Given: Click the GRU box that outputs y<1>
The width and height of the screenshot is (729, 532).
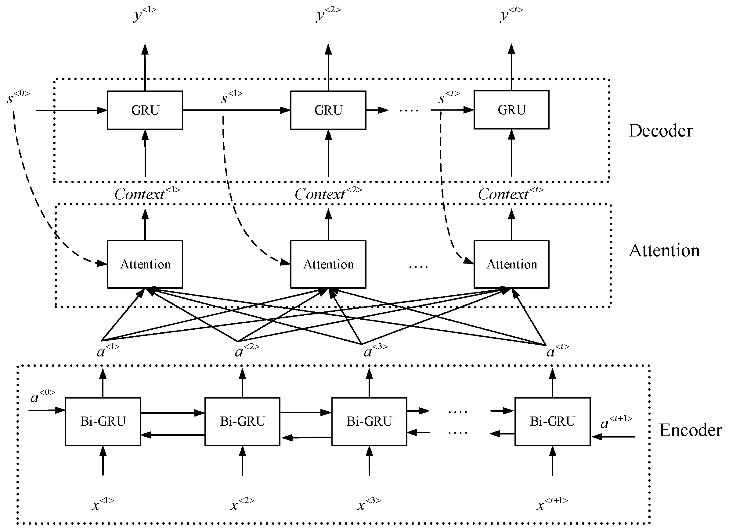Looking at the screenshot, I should tap(145, 110).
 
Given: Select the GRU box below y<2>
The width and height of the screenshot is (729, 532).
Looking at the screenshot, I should tap(328, 110).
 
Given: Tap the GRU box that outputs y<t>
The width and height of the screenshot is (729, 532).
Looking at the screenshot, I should tap(511, 110).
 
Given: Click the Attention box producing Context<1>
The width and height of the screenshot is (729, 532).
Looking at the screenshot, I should tap(145, 264).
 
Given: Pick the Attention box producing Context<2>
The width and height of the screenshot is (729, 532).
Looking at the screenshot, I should tap(328, 264).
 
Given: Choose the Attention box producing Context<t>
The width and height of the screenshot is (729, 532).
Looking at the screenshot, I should tap(511, 264).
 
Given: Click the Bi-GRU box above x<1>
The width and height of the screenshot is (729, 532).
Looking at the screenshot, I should tap(103, 421).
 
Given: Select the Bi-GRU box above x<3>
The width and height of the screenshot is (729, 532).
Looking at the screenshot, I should tap(369, 421).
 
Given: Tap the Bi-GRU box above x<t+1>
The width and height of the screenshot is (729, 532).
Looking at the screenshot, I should tap(552, 421).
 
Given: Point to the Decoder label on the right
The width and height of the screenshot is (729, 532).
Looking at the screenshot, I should tap(660, 131).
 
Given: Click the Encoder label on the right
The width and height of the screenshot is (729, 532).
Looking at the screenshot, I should tap(690, 430).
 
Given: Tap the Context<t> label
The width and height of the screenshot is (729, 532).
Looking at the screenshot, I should tap(510, 194).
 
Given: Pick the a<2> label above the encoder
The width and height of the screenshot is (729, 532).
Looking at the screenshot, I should tap(247, 351).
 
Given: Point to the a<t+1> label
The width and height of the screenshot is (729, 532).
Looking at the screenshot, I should tap(616, 422).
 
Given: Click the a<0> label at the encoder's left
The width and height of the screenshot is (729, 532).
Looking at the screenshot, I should tap(42, 396).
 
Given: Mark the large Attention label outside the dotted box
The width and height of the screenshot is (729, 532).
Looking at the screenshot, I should tap(664, 250).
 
